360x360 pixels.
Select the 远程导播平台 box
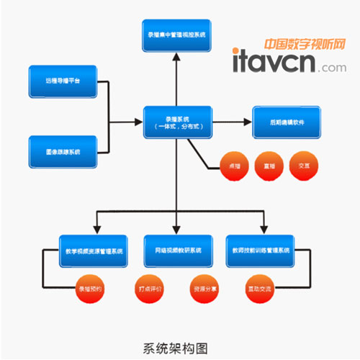click(x=63, y=82)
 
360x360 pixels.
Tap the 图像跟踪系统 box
click(x=63, y=152)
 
